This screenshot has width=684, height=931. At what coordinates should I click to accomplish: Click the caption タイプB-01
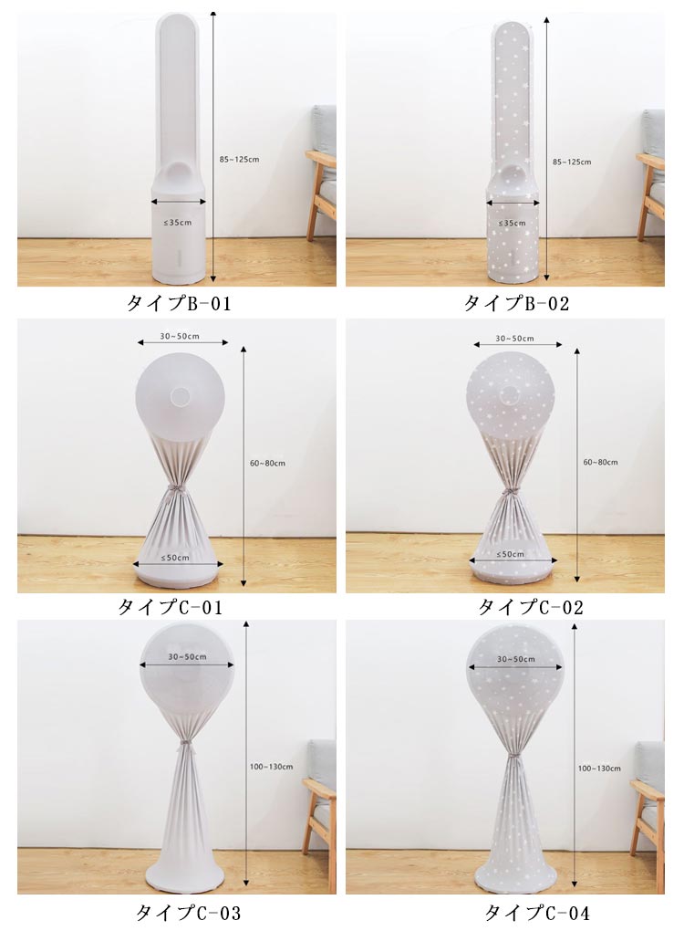178,303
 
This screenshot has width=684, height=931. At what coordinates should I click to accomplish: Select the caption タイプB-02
516,303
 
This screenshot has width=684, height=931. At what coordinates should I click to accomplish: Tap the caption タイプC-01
170,607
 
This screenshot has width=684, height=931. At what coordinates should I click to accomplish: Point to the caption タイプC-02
531,607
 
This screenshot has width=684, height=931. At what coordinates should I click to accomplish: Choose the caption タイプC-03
189,912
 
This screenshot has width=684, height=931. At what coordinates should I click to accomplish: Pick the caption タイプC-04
537,912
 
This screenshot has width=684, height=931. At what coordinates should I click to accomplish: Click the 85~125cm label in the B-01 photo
239,159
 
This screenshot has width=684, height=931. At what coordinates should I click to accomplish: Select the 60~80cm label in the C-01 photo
267,463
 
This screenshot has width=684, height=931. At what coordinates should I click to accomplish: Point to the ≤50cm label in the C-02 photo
510,554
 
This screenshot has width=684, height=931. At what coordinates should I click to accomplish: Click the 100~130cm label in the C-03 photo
271,767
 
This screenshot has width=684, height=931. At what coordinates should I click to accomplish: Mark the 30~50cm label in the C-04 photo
516,659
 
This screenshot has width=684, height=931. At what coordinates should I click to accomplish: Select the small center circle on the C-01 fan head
179,395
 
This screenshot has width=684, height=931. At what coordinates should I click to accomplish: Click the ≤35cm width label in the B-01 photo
178,223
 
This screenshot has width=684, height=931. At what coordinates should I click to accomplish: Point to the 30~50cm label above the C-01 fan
179,336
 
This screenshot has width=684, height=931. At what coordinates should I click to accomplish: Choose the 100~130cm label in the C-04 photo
600,769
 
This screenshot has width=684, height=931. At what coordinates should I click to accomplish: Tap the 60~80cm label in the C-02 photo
600,462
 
